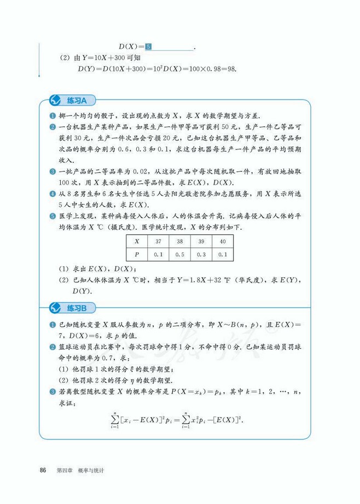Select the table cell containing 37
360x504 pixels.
(x=159, y=242)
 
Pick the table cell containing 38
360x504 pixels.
(x=180, y=242)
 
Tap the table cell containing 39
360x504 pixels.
(x=201, y=242)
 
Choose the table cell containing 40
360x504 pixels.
(x=222, y=242)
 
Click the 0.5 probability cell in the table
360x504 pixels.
(x=180, y=254)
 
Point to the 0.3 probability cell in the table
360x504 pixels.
(x=201, y=254)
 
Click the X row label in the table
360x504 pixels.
(x=137, y=242)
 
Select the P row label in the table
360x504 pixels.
(x=137, y=254)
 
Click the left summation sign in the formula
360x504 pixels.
(x=115, y=420)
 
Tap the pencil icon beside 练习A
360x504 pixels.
(x=55, y=100)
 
